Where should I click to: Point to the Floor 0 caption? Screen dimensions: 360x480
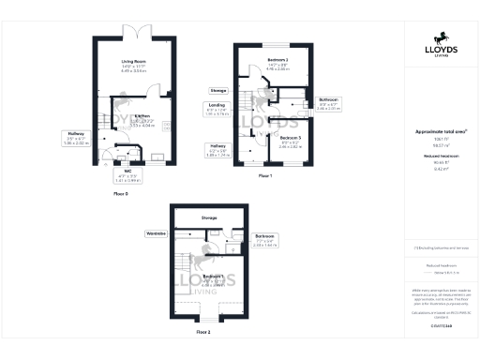119,192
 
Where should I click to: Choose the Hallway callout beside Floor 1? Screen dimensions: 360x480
217,148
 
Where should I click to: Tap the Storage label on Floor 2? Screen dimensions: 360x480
208,218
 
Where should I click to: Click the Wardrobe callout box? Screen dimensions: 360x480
156,232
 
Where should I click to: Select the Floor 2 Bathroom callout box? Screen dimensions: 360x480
265,239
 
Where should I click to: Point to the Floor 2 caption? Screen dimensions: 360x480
203,331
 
